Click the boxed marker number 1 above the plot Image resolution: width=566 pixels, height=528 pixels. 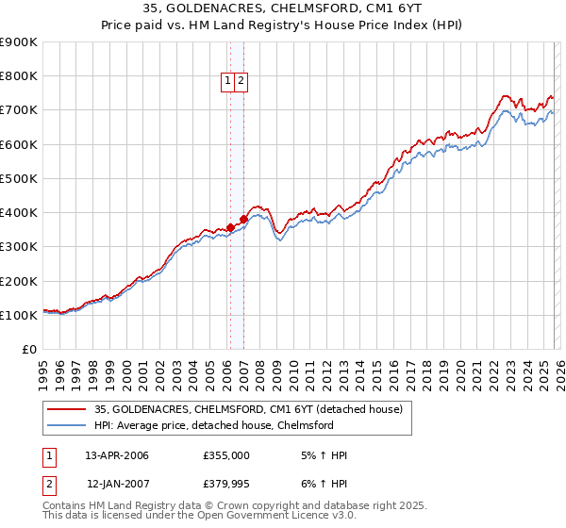(229, 82)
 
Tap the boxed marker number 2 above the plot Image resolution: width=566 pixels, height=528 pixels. (241, 82)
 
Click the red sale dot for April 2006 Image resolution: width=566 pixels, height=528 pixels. (230, 227)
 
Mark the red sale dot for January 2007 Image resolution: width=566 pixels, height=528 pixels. (243, 219)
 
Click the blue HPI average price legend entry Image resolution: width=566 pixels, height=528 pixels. (213, 425)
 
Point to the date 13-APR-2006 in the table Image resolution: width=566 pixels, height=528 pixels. (117, 455)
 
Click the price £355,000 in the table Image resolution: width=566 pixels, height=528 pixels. (226, 455)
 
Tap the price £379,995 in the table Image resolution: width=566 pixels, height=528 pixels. (226, 484)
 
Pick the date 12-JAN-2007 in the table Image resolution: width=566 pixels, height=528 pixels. (117, 484)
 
